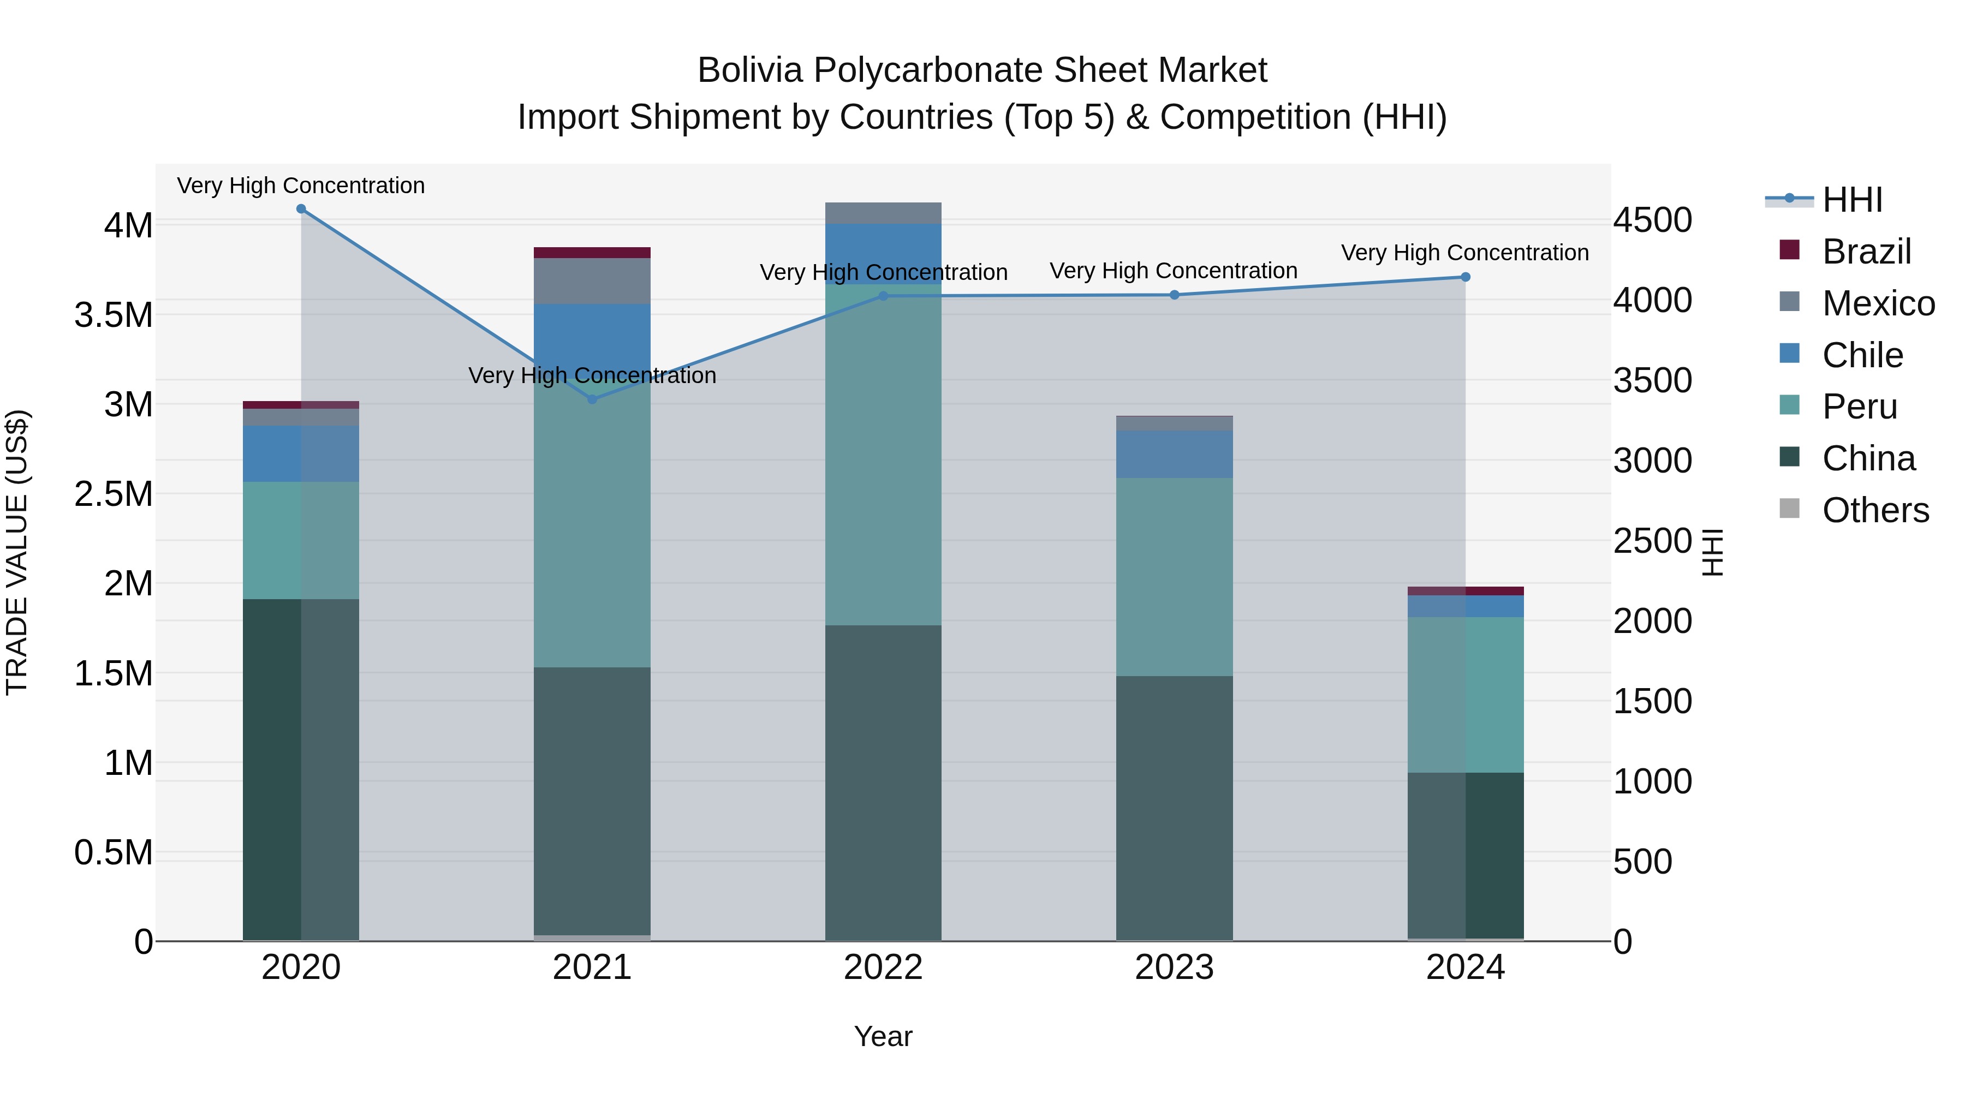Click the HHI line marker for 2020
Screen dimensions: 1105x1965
301,209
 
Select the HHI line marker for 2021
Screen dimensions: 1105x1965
593,399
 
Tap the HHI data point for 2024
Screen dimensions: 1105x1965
1466,277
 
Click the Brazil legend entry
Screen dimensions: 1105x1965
1866,252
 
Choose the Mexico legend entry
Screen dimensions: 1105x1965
1878,303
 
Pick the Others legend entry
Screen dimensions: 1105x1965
1875,510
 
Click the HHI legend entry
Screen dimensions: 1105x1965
1852,200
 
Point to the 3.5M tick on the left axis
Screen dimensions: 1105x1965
114,315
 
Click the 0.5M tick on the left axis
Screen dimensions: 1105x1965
114,852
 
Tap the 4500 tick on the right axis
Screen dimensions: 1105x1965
1652,220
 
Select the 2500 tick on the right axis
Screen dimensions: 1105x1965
1652,541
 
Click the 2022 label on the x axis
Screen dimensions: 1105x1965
883,967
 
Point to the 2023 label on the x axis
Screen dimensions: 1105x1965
1175,967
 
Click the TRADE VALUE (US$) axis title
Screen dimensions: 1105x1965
17,552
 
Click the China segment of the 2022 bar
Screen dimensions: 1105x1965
883,781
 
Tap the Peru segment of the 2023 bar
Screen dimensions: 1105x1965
1175,577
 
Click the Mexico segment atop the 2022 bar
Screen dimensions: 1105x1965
883,213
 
